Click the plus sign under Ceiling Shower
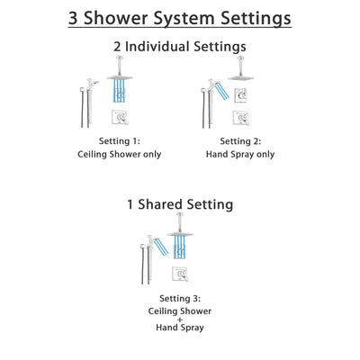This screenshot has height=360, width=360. (179, 322)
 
